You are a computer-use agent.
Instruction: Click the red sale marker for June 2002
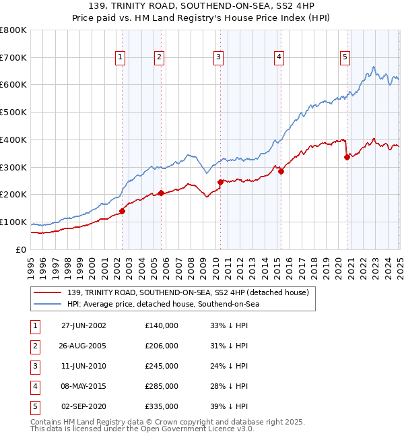tap(122, 211)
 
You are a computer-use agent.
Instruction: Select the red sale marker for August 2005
tap(161, 193)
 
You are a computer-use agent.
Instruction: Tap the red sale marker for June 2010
tap(220, 182)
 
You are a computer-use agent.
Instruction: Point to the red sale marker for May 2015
tap(281, 171)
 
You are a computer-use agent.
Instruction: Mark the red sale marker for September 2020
tap(347, 157)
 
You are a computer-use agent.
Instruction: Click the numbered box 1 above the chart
tap(120, 58)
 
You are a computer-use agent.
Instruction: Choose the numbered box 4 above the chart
tap(278, 58)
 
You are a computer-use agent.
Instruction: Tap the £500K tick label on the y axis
tap(13, 113)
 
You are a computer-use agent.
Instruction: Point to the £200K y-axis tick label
tap(13, 195)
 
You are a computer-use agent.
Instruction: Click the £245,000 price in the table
tap(161, 366)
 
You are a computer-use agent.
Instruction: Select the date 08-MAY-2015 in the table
tap(80, 386)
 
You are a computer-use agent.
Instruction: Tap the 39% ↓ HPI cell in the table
tap(229, 406)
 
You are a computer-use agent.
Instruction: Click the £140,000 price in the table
tap(161, 325)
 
